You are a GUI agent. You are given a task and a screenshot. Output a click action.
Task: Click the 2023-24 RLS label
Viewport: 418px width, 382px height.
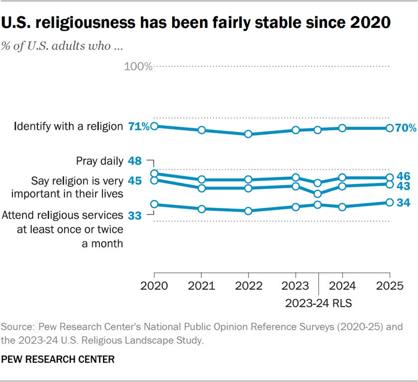pos(318,302)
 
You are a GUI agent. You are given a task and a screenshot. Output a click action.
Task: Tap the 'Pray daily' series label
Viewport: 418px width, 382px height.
pos(100,161)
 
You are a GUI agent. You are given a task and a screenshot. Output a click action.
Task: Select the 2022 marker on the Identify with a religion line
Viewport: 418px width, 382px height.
pos(248,134)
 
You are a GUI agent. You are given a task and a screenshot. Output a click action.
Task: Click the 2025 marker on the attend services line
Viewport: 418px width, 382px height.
pos(390,202)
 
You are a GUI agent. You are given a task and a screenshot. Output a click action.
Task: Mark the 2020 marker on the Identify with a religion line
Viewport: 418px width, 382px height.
pos(154,126)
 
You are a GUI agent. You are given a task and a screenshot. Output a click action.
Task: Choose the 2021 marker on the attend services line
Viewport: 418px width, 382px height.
pos(202,209)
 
